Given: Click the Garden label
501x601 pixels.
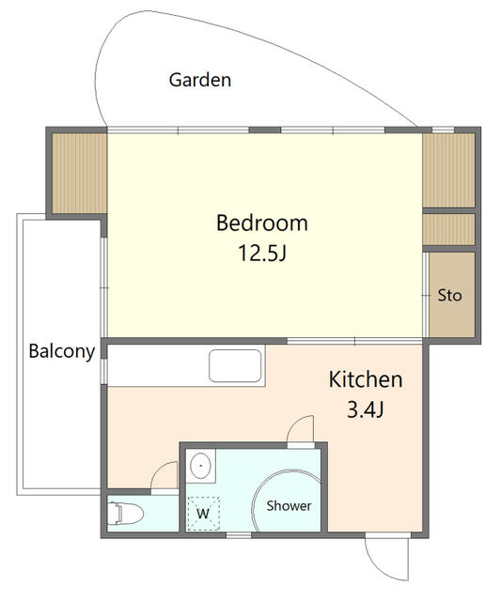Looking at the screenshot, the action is pyautogui.click(x=200, y=80).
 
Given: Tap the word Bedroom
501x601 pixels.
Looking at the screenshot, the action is pyautogui.click(x=262, y=223).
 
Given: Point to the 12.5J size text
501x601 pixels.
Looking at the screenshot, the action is pyautogui.click(x=262, y=253).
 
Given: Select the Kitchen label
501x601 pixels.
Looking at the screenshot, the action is pyautogui.click(x=366, y=379).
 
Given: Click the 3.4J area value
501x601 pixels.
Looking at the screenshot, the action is pyautogui.click(x=366, y=409).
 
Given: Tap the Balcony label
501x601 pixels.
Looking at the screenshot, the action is pyautogui.click(x=62, y=351).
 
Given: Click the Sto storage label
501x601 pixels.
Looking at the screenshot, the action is pyautogui.click(x=449, y=296).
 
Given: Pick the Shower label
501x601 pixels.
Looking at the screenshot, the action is pyautogui.click(x=289, y=506).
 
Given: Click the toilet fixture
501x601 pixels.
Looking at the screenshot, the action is pyautogui.click(x=125, y=514).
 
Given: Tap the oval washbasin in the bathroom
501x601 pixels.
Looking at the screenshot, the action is pyautogui.click(x=200, y=466).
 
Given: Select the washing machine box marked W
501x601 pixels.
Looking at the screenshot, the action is pyautogui.click(x=203, y=514).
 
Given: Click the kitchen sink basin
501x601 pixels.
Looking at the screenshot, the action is pyautogui.click(x=235, y=365).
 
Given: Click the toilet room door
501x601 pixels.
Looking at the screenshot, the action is pyautogui.click(x=164, y=477).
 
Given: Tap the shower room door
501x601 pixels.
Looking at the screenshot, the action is pyautogui.click(x=301, y=431).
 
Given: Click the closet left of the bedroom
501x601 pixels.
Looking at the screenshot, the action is pyautogui.click(x=79, y=173).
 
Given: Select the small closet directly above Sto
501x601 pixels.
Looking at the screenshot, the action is pyautogui.click(x=448, y=229).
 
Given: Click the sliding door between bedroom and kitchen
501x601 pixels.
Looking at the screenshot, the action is pyautogui.click(x=355, y=341).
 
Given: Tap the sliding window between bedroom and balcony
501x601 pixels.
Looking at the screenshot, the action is pyautogui.click(x=104, y=287).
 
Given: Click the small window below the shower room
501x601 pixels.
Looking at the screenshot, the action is pyautogui.click(x=239, y=535).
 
